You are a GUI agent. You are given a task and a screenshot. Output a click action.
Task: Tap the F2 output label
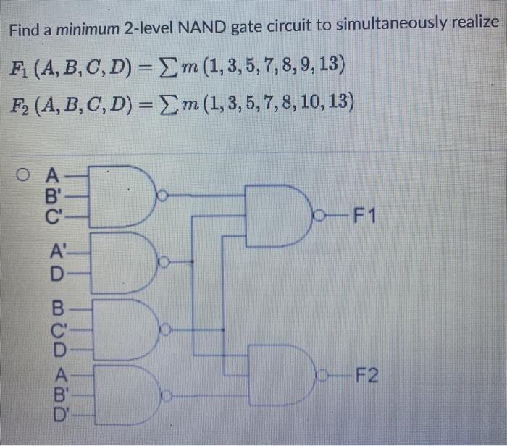coord(365,376)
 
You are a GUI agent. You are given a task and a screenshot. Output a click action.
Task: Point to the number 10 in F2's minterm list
coord(309,104)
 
